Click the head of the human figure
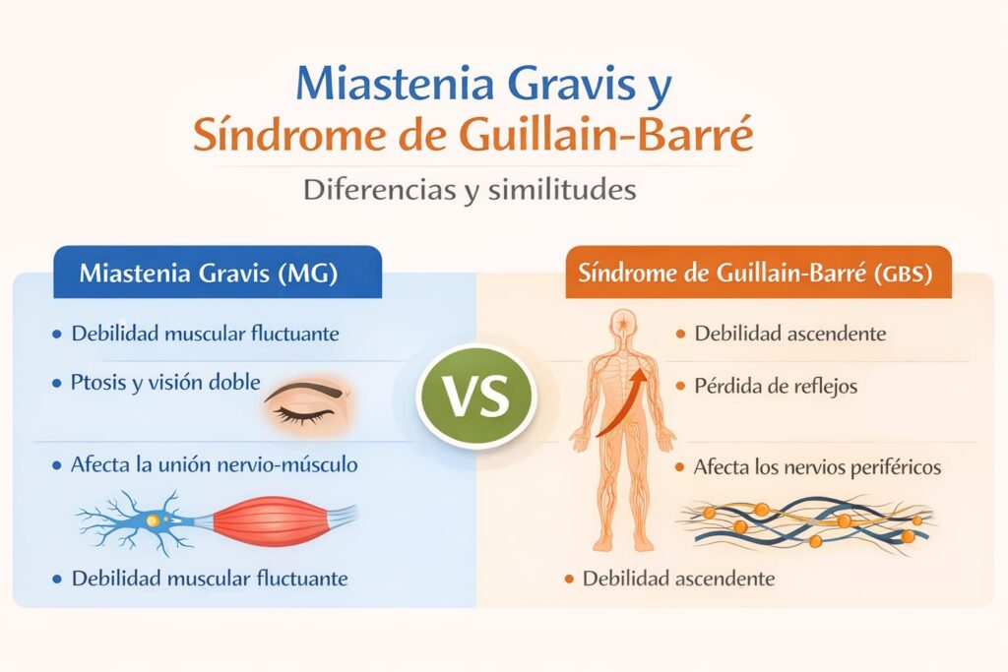622,327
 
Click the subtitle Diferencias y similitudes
470,190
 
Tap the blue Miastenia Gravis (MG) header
218,273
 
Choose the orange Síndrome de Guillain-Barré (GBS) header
759,273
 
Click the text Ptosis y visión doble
165,383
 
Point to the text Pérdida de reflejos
776,386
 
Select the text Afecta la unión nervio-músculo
214,464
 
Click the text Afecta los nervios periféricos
817,467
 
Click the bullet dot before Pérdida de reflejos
680,386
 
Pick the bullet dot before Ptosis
56,384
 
